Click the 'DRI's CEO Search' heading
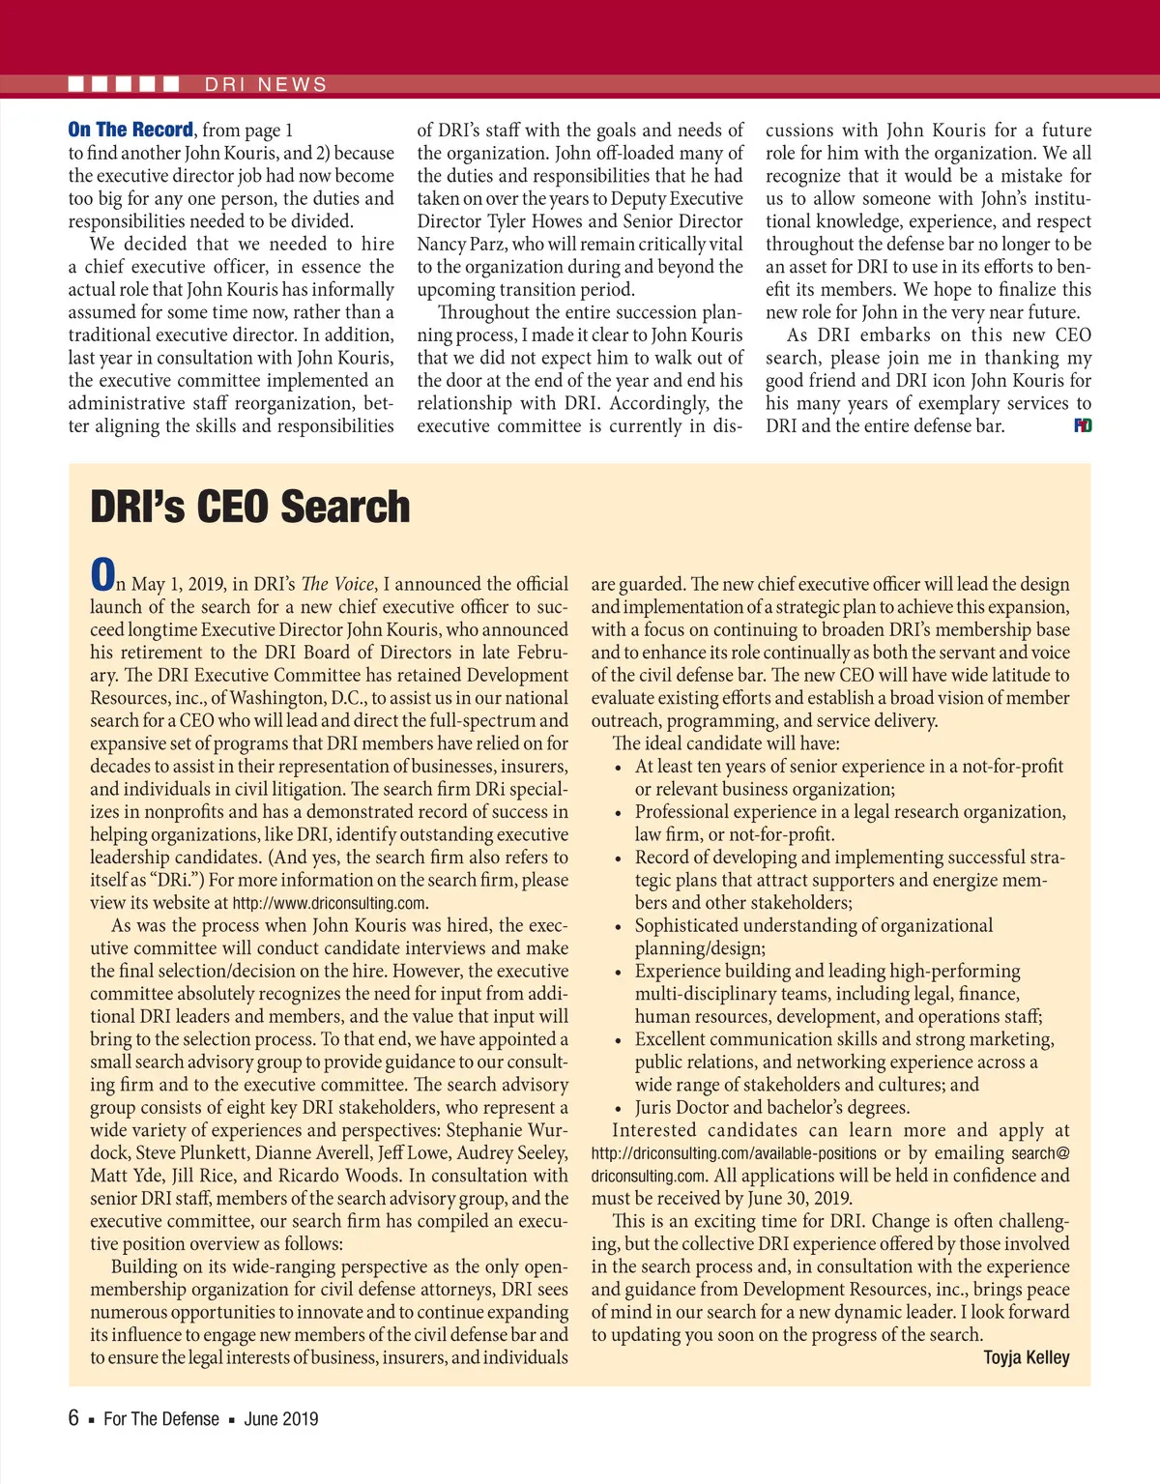click(x=249, y=508)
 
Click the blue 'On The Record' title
click(x=130, y=130)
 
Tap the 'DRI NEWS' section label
click(x=266, y=85)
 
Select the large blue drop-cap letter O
click(x=101, y=575)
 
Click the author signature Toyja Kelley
click(x=1026, y=1357)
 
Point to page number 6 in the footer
click(x=73, y=1418)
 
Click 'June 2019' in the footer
click(x=280, y=1419)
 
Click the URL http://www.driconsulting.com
click(x=330, y=904)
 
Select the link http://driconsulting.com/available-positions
click(x=734, y=1153)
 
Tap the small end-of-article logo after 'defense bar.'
click(x=1083, y=425)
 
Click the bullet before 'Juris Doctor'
click(x=619, y=1109)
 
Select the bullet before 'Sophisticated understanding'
click(x=619, y=927)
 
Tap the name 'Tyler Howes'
click(x=528, y=221)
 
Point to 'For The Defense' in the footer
click(x=161, y=1419)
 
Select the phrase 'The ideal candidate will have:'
click(x=726, y=743)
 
